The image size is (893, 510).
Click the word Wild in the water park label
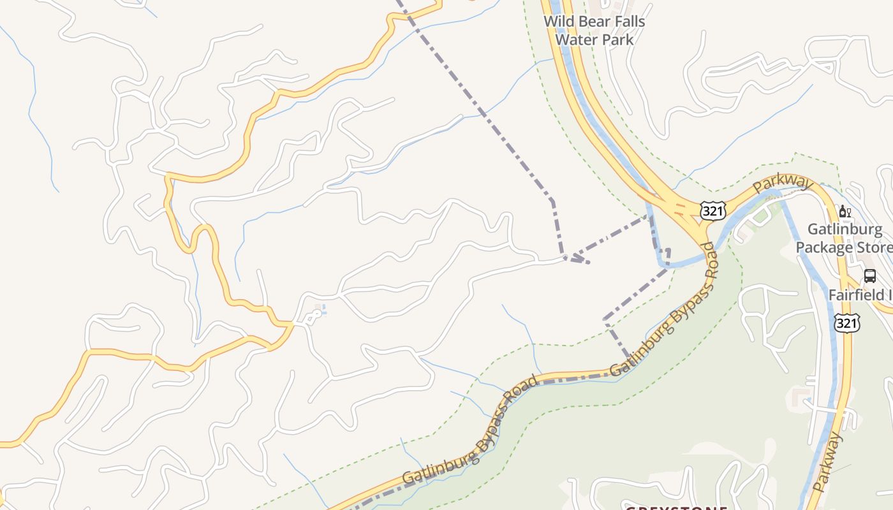pos(557,22)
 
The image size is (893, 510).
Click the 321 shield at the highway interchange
pos(712,211)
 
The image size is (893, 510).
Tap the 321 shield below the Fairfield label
pos(847,323)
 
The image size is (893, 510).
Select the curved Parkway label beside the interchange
pos(783,184)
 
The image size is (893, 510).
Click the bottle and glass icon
pos(845,212)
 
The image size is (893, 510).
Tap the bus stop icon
pos(870,275)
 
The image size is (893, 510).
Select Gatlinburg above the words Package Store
pos(845,229)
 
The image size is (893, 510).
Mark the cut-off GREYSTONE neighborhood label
pos(676,508)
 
